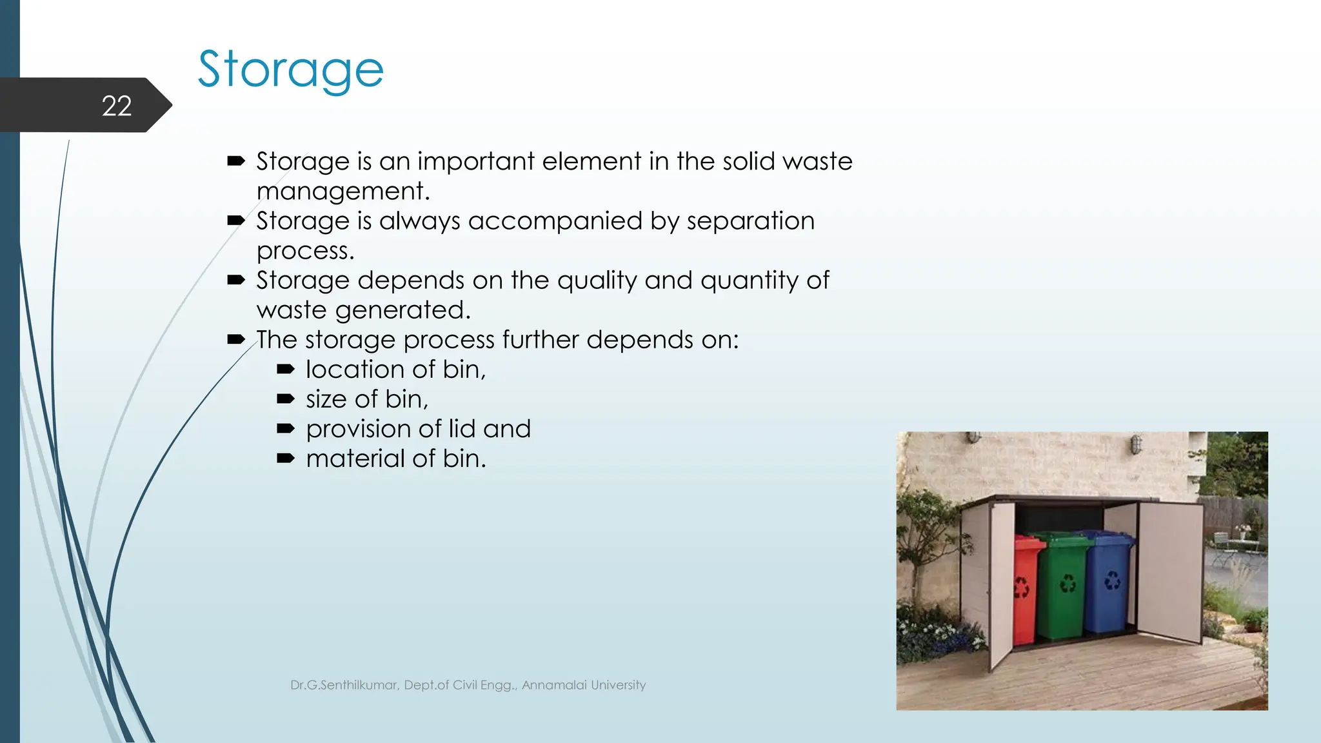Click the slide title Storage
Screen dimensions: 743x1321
click(x=290, y=70)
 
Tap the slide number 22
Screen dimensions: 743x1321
click(x=117, y=106)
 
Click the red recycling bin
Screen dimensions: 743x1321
click(x=1026, y=587)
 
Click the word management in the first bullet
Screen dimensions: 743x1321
click(x=343, y=192)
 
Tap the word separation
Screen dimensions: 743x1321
click(x=750, y=221)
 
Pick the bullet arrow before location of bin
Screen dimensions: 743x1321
click(x=285, y=370)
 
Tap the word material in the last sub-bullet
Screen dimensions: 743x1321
click(x=355, y=459)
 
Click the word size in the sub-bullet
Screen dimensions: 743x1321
click(x=326, y=399)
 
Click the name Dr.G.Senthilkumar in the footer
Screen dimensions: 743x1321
click(x=344, y=685)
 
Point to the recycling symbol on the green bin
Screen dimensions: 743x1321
click(x=1068, y=584)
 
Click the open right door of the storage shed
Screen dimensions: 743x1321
click(x=1169, y=571)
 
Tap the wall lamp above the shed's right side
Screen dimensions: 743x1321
click(x=1136, y=444)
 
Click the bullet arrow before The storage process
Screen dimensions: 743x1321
click(x=235, y=340)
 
